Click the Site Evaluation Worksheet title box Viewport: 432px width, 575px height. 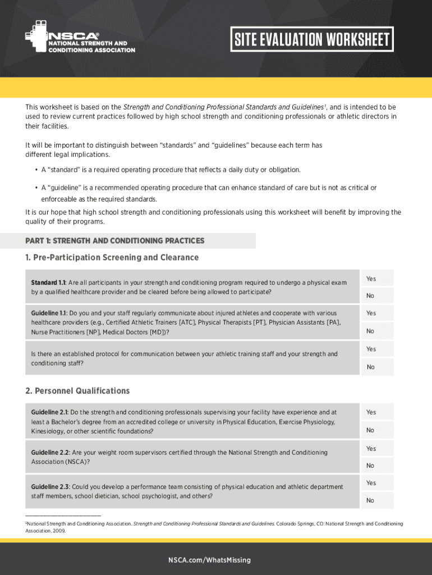tap(311, 40)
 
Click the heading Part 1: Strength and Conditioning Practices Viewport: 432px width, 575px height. tap(115, 241)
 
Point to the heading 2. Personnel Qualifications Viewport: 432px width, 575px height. tap(77, 391)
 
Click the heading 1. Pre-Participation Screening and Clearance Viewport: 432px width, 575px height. tap(112, 258)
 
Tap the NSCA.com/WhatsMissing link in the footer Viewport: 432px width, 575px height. tap(216, 560)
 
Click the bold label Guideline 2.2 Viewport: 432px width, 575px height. tap(50, 453)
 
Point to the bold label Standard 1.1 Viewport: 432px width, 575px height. tap(49, 282)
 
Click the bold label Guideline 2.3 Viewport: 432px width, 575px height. tap(50, 486)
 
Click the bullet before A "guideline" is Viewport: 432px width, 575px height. tap(36, 188)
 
